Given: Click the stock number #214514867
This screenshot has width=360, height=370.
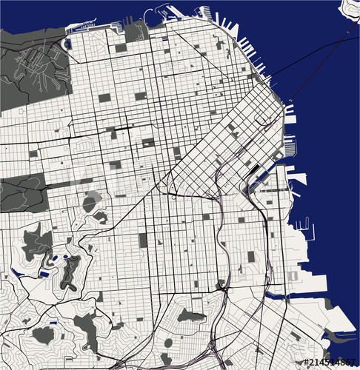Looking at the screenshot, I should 330,362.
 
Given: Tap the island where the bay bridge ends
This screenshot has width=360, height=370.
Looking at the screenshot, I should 350,9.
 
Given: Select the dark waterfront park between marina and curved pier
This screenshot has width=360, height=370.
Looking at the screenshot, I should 136,31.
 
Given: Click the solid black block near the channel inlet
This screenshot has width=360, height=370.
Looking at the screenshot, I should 256,169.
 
